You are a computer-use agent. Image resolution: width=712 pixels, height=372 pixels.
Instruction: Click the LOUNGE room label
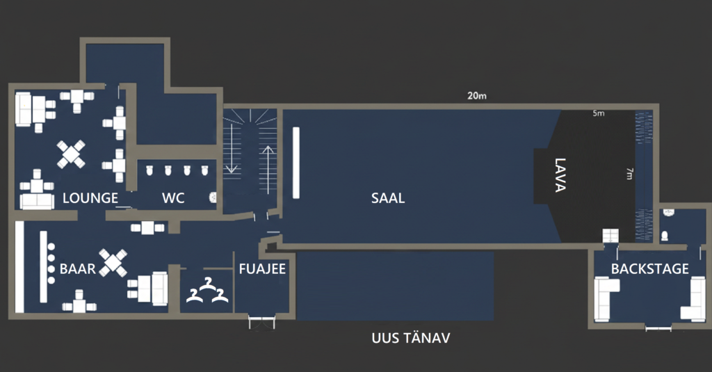[90, 198]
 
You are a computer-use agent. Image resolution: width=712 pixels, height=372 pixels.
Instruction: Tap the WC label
[173, 198]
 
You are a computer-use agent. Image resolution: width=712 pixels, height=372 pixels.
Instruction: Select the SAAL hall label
[388, 198]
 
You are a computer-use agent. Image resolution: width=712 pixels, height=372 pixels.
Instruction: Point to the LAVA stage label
[561, 176]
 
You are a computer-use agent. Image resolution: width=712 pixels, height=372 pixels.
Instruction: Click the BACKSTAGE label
[650, 269]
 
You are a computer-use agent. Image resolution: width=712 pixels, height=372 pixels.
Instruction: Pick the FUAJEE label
[262, 269]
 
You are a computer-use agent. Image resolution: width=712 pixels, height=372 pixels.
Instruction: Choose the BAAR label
[77, 269]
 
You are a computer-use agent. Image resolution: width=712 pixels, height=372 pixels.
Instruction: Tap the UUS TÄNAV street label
[411, 339]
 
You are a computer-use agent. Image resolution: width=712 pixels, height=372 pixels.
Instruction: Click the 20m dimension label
[477, 96]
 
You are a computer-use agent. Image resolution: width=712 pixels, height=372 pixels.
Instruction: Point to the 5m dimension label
[598, 113]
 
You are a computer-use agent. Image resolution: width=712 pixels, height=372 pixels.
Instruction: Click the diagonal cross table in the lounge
[72, 154]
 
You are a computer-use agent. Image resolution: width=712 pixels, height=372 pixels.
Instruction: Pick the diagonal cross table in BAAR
[113, 262]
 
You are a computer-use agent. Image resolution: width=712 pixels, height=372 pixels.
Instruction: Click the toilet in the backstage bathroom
[665, 235]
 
